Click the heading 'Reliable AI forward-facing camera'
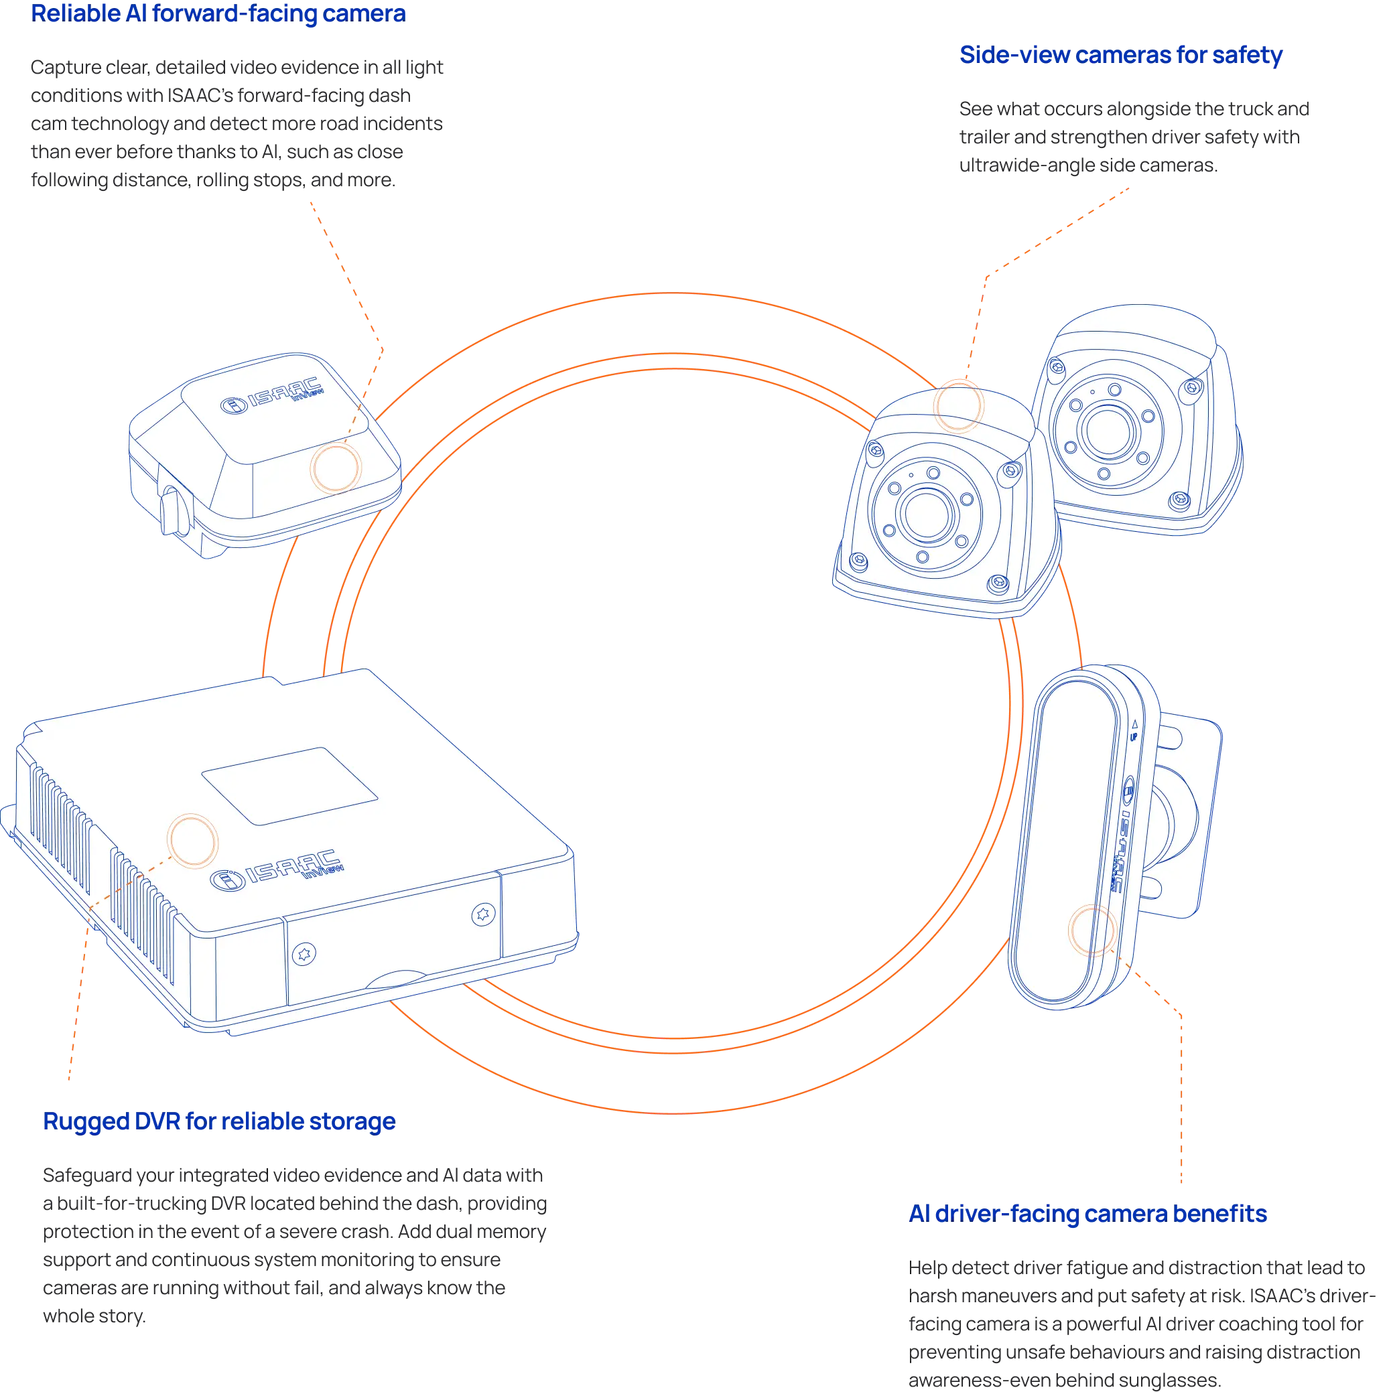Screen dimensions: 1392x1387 coord(218,13)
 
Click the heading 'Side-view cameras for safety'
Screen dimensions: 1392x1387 coord(1120,55)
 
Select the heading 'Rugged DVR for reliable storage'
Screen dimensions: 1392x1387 coord(219,1121)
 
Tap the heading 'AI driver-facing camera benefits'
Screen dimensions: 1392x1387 coord(1088,1213)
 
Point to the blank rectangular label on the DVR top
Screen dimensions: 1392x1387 coord(289,786)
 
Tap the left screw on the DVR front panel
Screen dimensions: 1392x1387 coord(306,955)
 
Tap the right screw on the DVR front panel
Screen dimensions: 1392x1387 coord(482,914)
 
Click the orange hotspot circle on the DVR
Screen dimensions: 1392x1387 coord(192,840)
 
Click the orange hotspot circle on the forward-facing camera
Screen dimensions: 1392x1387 coord(335,468)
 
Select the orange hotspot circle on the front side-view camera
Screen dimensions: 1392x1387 coord(958,406)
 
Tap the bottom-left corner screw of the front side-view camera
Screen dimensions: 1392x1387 coord(858,559)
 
